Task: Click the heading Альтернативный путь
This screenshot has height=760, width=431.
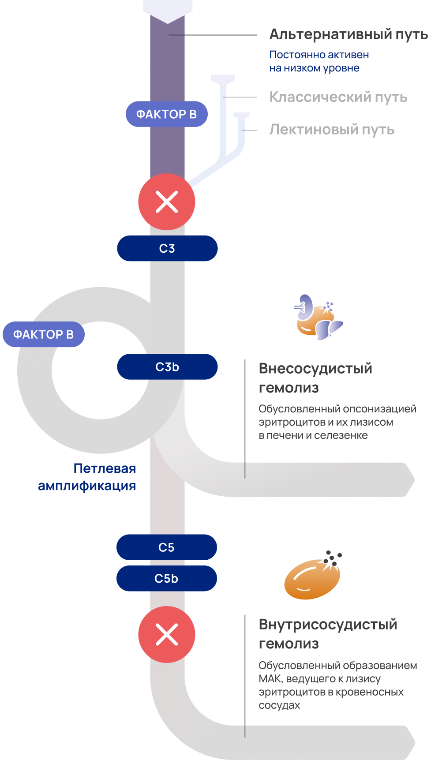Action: coord(348,34)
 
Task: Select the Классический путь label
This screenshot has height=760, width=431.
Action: coord(338,97)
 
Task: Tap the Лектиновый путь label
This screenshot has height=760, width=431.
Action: coord(332,130)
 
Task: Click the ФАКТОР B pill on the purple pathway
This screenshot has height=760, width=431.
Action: coord(166,114)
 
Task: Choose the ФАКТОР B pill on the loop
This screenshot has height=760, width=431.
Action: coord(43,334)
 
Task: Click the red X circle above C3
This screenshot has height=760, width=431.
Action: coord(167,202)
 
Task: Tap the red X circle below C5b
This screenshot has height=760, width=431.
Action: coord(167,634)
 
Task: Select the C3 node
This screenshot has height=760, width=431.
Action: coord(167,248)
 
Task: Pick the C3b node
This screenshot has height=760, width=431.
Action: coord(167,367)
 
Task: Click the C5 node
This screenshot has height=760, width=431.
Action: coord(167,547)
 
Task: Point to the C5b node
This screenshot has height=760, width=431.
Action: coord(167,578)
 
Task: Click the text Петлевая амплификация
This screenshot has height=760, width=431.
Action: coord(87,477)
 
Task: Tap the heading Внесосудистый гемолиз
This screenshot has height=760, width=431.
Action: coord(315,378)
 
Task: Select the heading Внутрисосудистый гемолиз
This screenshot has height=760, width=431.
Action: coord(328,634)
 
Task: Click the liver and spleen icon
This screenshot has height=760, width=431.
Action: coord(318,317)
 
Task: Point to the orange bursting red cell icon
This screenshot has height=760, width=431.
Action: coord(313,575)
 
